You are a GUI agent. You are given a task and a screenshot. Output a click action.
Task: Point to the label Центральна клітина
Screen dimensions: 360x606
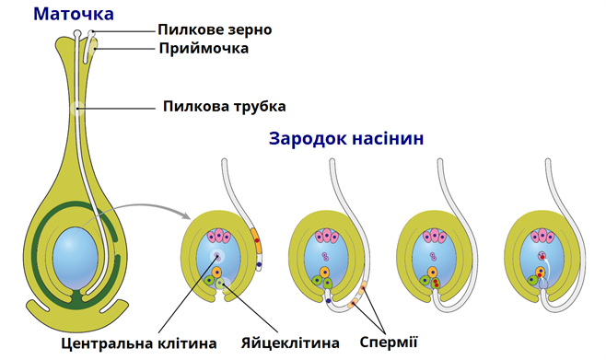tap(138, 343)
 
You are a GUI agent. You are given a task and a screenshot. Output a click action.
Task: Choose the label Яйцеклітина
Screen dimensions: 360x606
tap(287, 343)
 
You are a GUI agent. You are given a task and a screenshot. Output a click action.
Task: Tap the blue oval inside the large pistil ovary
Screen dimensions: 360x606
tap(74, 253)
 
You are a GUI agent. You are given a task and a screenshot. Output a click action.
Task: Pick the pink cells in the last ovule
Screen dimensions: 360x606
tap(542, 238)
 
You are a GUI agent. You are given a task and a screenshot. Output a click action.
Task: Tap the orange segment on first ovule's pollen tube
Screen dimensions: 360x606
tap(259, 246)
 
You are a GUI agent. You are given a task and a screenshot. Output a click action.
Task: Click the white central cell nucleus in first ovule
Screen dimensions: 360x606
tap(217, 257)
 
